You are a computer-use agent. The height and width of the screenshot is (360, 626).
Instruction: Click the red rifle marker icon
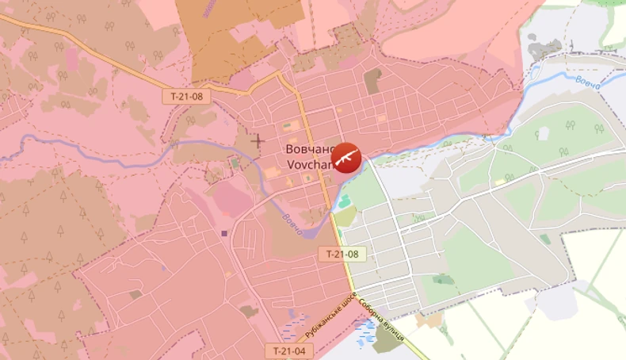coord(345,158)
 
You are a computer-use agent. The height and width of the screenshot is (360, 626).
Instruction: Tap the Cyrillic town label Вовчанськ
coord(309,149)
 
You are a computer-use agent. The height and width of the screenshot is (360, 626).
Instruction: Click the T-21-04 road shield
coord(288,350)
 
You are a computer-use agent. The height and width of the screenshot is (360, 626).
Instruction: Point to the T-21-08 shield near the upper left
coord(187,96)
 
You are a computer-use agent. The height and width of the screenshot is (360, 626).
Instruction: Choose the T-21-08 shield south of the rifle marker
coord(343,254)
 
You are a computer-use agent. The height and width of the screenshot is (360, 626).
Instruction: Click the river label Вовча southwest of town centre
coord(292,222)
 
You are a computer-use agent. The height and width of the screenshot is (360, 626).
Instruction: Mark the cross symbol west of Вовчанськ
coord(258,141)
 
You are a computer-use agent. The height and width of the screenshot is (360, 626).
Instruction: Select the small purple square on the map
coord(224,233)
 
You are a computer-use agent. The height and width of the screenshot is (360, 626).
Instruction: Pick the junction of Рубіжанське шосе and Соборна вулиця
coord(354,292)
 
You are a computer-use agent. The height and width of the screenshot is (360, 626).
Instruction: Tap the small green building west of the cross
coord(235,163)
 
